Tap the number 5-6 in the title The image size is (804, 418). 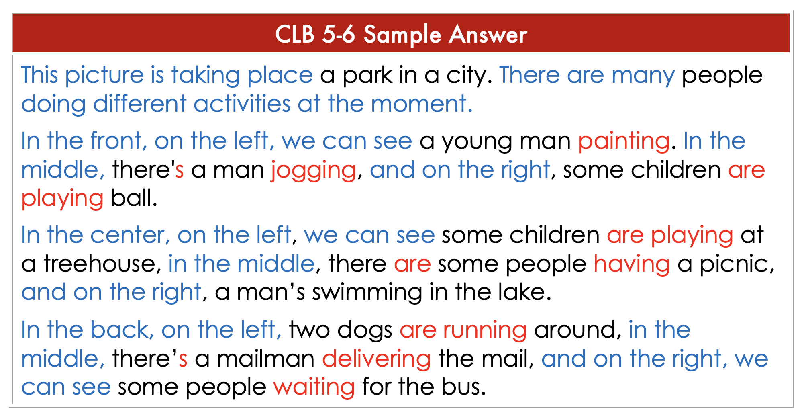(x=339, y=34)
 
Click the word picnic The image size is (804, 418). (x=737, y=264)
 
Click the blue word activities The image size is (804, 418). (x=242, y=104)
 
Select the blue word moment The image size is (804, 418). (x=422, y=104)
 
